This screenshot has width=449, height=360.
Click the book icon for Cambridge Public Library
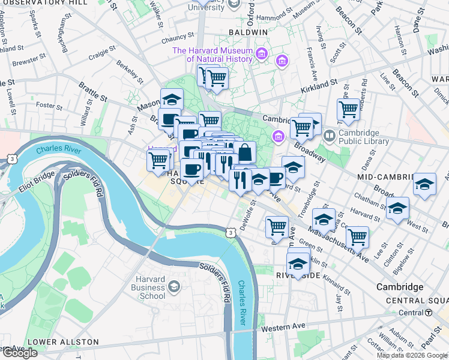point(329,136)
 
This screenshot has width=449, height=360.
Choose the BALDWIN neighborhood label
point(247,32)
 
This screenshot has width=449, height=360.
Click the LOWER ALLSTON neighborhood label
point(63,342)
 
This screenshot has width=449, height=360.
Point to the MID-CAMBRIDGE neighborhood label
point(384,178)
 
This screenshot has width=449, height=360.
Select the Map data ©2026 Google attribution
point(411,355)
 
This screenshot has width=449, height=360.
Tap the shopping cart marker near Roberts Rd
point(348,109)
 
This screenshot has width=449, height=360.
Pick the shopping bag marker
point(244,152)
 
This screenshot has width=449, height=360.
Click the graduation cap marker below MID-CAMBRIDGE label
point(424,185)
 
